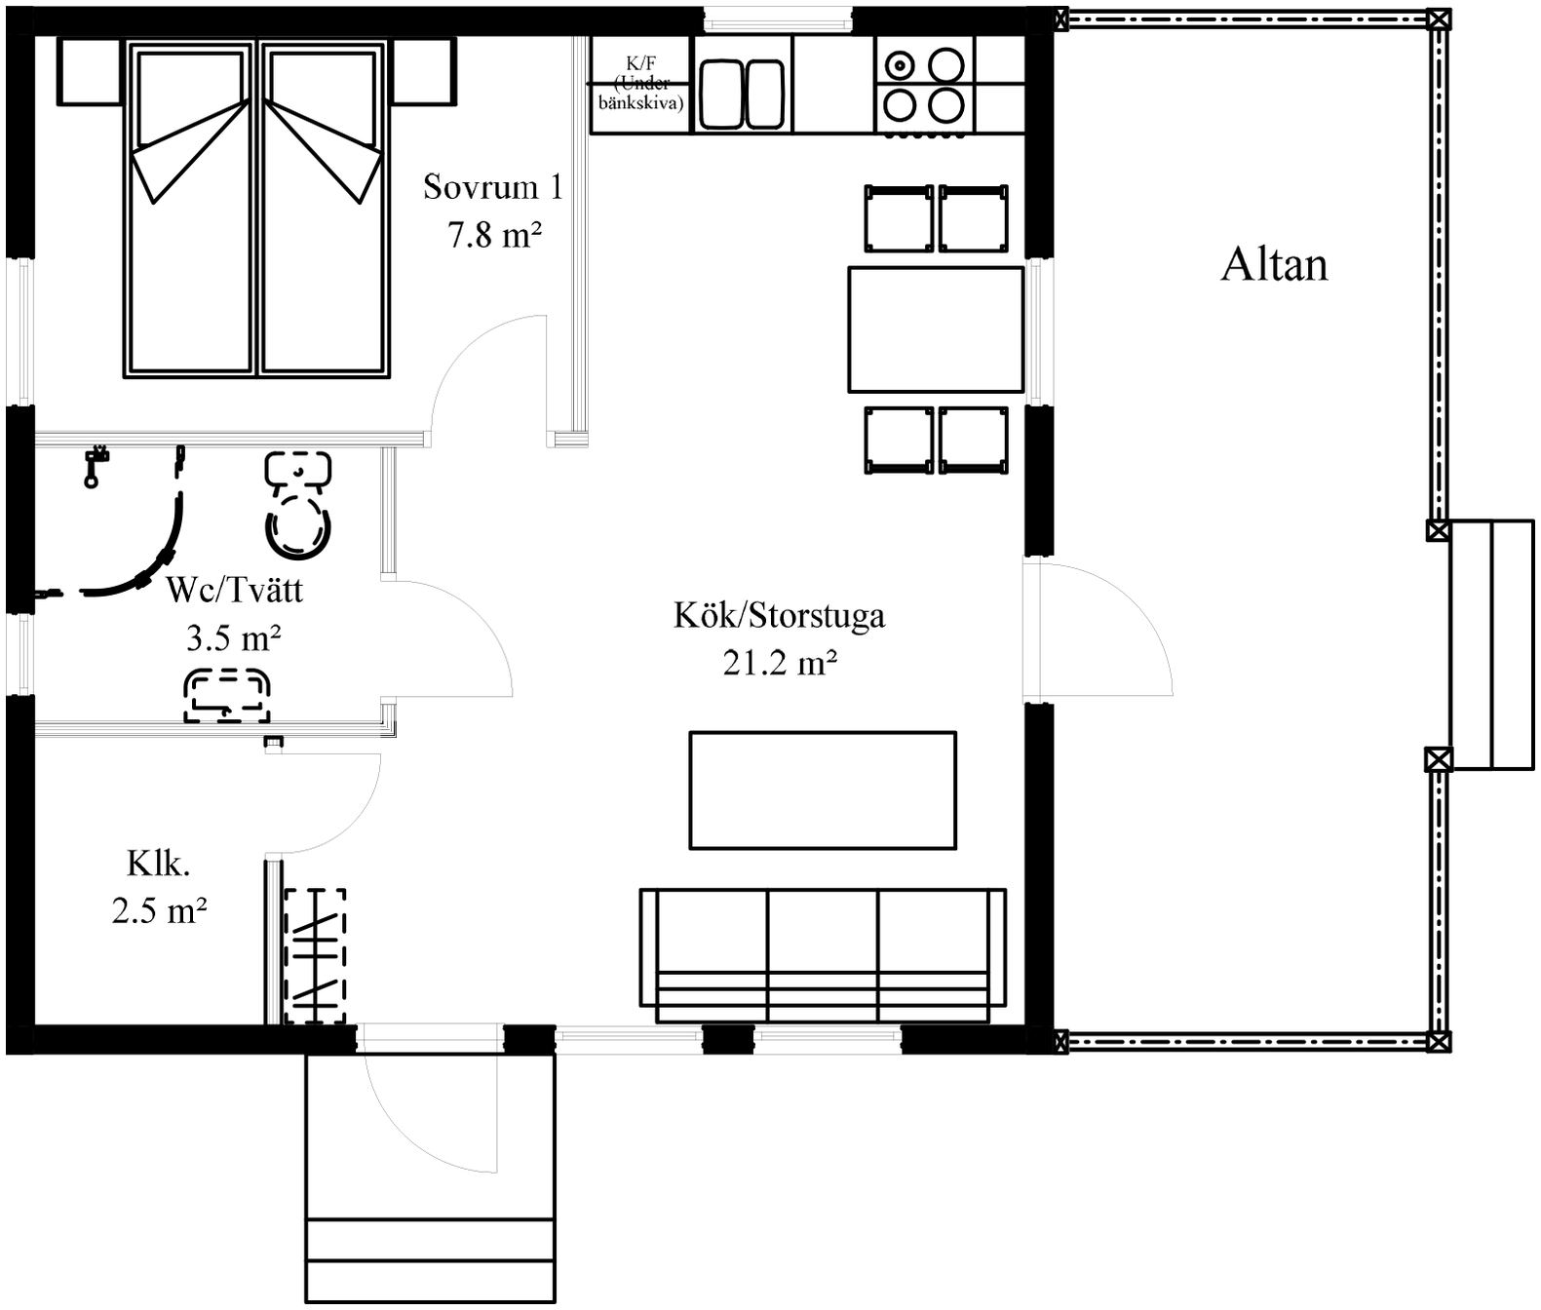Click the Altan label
click(1274, 265)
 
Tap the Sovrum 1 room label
click(493, 186)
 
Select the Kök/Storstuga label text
click(779, 616)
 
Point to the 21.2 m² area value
click(779, 662)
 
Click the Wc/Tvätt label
click(234, 591)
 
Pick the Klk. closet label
click(158, 865)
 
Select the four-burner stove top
click(924, 87)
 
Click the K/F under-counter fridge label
click(640, 84)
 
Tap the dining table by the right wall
click(936, 329)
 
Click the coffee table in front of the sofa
click(823, 790)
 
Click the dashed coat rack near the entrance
click(316, 956)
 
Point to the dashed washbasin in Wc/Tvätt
click(227, 696)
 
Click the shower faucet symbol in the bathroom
click(94, 465)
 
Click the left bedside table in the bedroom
click(91, 71)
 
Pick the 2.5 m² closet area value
click(159, 910)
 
